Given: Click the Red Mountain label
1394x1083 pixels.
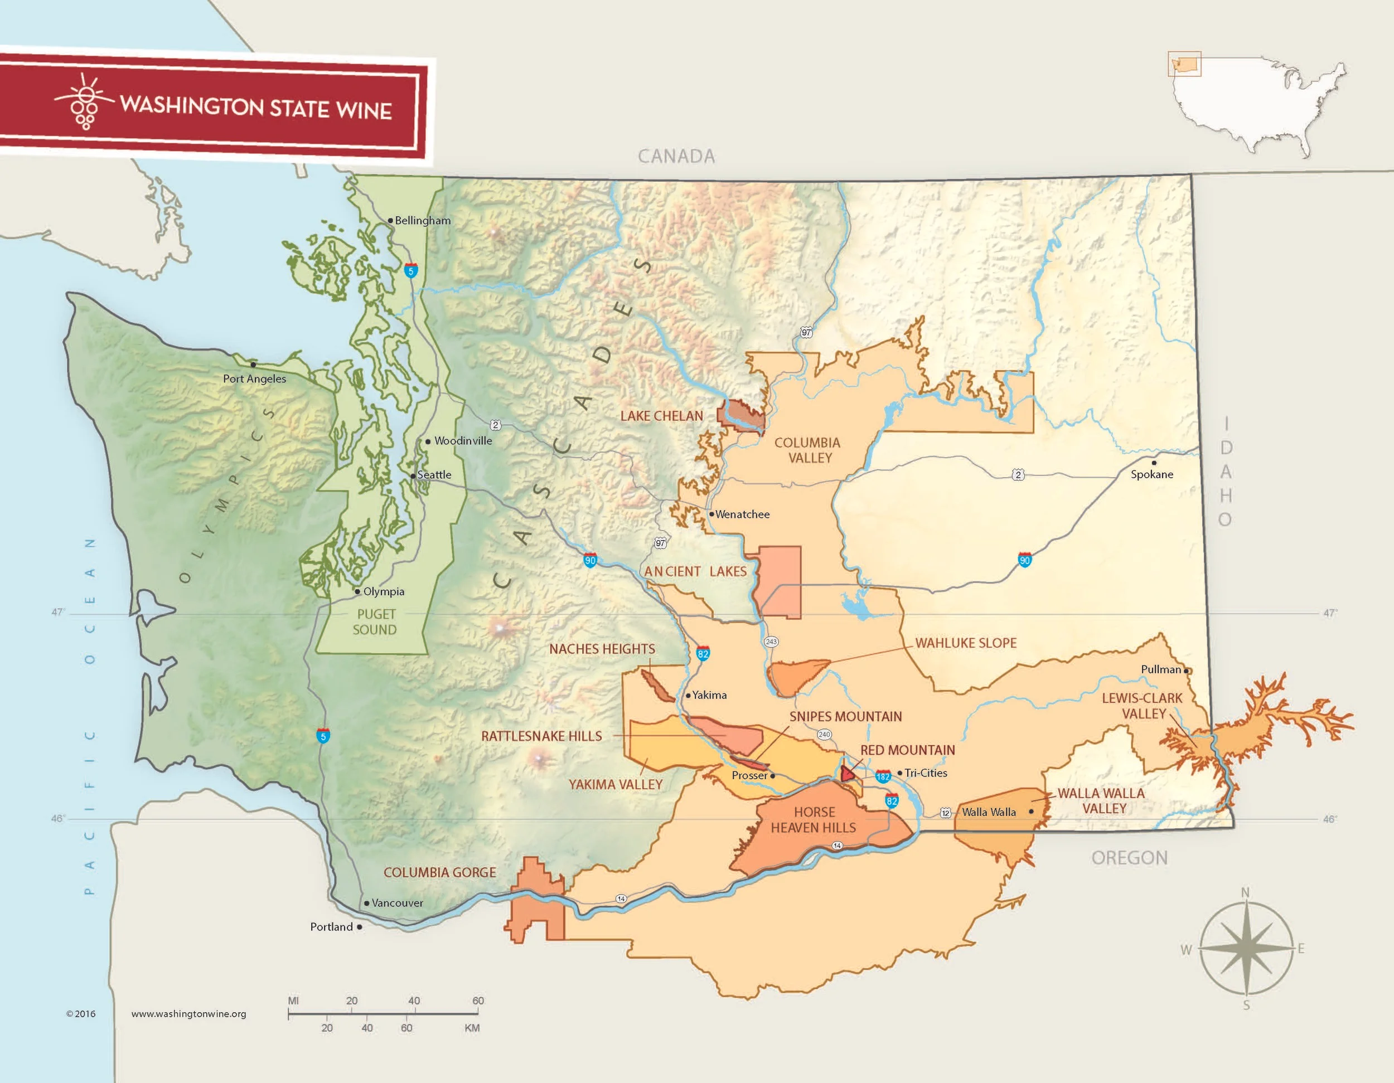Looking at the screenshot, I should [x=907, y=750].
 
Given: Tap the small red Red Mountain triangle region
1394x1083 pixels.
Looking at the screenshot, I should [x=847, y=774].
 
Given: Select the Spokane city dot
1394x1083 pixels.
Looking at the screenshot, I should [x=1154, y=463].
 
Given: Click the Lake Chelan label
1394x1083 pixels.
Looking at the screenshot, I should [x=661, y=415].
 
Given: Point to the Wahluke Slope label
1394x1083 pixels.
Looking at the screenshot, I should [x=966, y=643].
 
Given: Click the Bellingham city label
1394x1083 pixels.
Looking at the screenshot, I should [x=423, y=220].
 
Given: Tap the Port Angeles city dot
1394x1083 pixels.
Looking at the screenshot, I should [x=253, y=365].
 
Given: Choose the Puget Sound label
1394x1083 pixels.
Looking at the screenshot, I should [x=375, y=621].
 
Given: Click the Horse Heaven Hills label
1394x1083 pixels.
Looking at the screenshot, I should [x=813, y=819].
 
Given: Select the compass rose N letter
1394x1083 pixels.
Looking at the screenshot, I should [x=1245, y=892].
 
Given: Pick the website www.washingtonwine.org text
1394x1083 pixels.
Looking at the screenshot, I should [x=188, y=1013].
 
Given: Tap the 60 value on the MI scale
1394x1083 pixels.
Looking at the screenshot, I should [x=478, y=1001].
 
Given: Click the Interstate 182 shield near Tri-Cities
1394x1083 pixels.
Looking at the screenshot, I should [x=883, y=776].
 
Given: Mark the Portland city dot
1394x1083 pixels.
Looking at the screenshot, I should [x=359, y=926].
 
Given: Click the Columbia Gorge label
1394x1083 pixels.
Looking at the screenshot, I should [x=439, y=872].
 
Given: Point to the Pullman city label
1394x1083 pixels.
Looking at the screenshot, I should [x=1160, y=669].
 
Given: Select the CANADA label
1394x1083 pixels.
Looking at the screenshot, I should [x=676, y=156].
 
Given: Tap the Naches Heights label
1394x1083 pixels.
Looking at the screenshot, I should [x=602, y=649].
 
